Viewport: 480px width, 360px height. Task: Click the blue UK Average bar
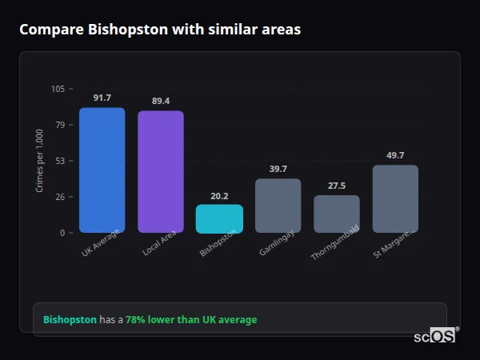click(x=102, y=170)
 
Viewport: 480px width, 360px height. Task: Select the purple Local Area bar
click(x=160, y=171)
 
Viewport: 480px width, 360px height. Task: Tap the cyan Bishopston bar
click(x=219, y=218)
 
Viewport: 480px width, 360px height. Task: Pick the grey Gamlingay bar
click(x=278, y=206)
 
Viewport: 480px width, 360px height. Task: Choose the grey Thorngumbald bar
click(x=336, y=214)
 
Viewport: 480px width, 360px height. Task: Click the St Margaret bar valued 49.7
click(x=395, y=198)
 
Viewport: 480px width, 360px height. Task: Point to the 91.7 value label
click(x=102, y=98)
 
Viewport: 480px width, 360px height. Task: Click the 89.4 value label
click(x=160, y=101)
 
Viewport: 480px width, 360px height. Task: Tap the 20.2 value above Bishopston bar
click(x=219, y=195)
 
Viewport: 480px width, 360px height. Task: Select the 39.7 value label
click(x=278, y=169)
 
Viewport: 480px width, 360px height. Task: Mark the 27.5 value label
click(x=336, y=186)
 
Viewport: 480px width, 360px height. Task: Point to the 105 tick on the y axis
click(x=58, y=89)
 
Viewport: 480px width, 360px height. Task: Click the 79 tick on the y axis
click(x=60, y=125)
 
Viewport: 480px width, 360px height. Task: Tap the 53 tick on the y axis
click(x=60, y=161)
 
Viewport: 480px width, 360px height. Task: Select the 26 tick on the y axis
click(x=60, y=197)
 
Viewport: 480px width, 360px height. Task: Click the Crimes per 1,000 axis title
click(x=40, y=161)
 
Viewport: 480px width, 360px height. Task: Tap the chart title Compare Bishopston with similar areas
click(x=160, y=30)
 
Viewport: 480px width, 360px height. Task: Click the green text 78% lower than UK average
click(x=191, y=320)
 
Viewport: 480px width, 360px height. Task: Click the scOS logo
click(x=434, y=336)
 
